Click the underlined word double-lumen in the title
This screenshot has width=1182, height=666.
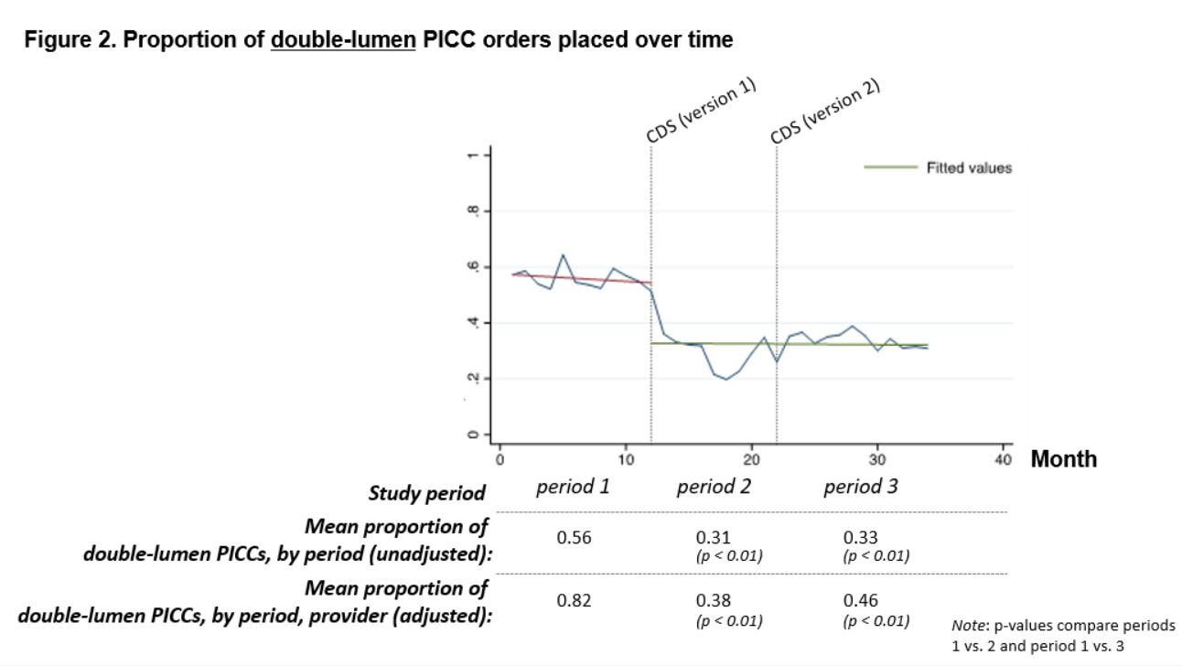(344, 40)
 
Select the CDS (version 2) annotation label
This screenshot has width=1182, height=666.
(824, 111)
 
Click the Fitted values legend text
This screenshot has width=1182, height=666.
(969, 168)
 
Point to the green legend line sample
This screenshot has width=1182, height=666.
(890, 167)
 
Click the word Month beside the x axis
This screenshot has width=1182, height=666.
(1064, 459)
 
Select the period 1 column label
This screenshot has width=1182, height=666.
(573, 487)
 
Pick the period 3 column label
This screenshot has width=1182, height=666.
(861, 487)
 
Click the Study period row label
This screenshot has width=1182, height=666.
(426, 493)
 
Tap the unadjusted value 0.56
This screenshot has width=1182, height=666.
(575, 538)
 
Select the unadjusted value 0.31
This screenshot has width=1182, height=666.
(714, 538)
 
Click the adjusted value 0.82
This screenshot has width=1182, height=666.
(575, 601)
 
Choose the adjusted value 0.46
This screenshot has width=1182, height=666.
(861, 601)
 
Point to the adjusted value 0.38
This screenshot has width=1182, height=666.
(714, 601)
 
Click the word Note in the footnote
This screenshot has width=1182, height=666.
(966, 626)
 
